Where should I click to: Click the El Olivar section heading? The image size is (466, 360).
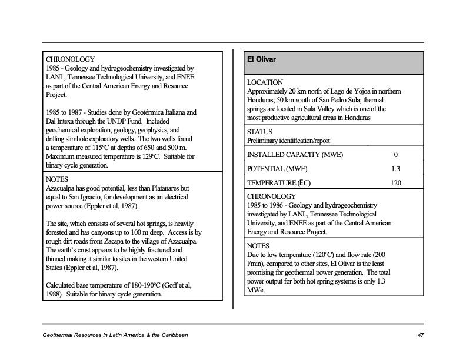[x=262, y=59]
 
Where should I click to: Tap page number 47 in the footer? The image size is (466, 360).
[x=420, y=335]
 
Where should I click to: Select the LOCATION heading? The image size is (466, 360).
[x=265, y=82]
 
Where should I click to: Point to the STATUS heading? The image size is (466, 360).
[x=260, y=132]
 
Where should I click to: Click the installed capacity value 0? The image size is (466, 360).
[x=395, y=155]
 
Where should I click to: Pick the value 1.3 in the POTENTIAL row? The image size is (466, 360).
[x=395, y=169]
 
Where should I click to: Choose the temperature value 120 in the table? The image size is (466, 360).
[x=395, y=183]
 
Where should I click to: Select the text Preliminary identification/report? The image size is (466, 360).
[x=288, y=141]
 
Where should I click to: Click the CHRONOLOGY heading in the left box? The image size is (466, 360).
[x=70, y=59]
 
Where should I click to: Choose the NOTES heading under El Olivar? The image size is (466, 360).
[x=258, y=246]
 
